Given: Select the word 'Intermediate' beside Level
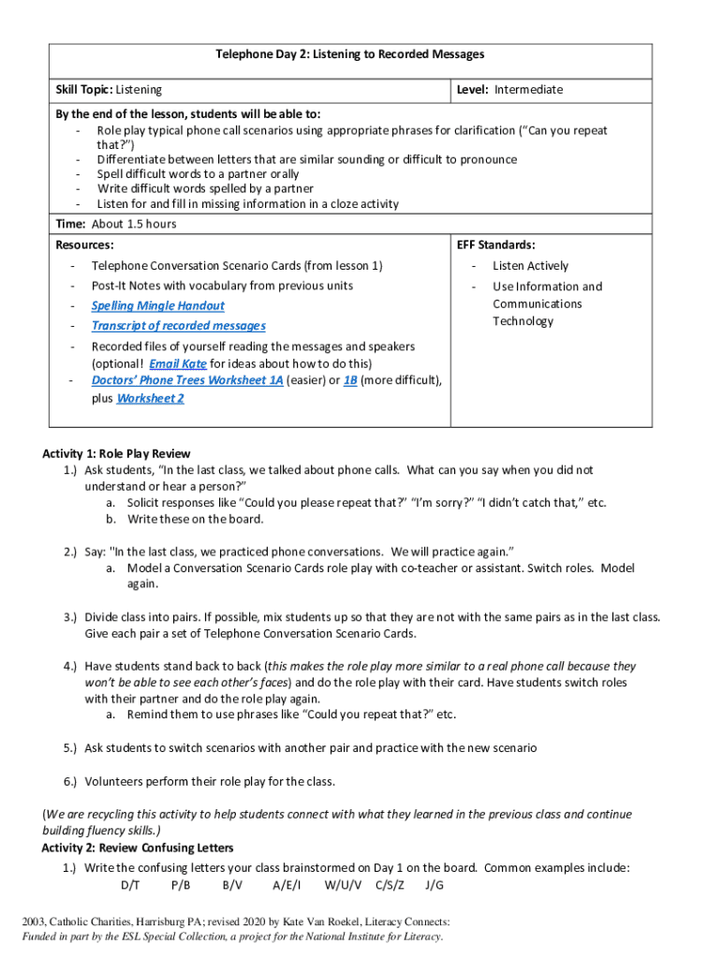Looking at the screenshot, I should click(529, 90).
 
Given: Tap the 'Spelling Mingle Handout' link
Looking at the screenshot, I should click(157, 305).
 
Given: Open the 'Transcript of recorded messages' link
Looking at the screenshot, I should click(178, 326).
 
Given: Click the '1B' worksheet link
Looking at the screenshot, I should click(349, 380).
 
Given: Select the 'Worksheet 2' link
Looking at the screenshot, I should click(150, 398).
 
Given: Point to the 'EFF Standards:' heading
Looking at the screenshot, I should click(496, 244).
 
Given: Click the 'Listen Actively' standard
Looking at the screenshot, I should click(530, 266).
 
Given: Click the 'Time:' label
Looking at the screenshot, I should click(71, 224).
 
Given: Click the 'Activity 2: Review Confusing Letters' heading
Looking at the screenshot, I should click(137, 848).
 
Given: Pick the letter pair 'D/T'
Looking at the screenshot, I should click(130, 885).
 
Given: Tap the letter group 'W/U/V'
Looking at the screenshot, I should click(344, 885).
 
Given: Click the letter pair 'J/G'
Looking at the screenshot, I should click(434, 885).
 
